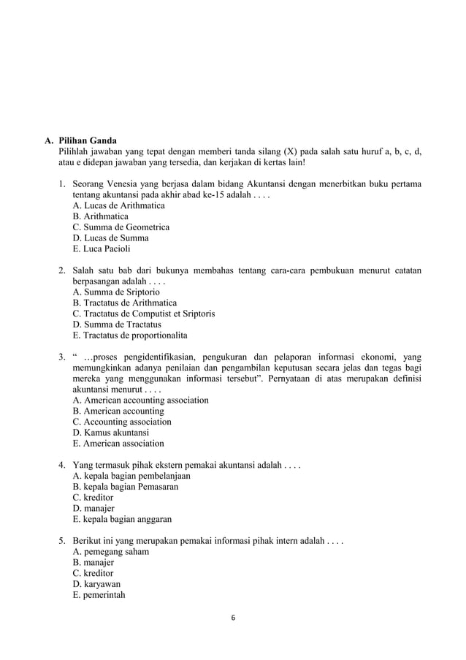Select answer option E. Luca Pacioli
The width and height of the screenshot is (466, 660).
coord(102,249)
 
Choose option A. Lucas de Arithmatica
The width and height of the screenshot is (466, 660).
coord(118,205)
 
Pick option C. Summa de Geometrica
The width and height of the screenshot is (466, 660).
coord(121,227)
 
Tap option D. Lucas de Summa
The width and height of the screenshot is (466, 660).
coord(110,238)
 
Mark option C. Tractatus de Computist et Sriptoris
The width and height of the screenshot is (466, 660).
coord(144,314)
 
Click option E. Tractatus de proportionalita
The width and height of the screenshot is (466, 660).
coord(130,335)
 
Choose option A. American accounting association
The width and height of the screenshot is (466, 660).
coord(140,400)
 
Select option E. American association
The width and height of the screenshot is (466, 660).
coord(118,444)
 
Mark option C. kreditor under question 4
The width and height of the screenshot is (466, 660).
coord(93,498)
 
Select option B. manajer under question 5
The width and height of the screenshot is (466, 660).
coord(93,563)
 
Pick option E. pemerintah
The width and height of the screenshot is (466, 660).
coord(99,595)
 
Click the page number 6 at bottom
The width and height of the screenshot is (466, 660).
coord(233,618)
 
